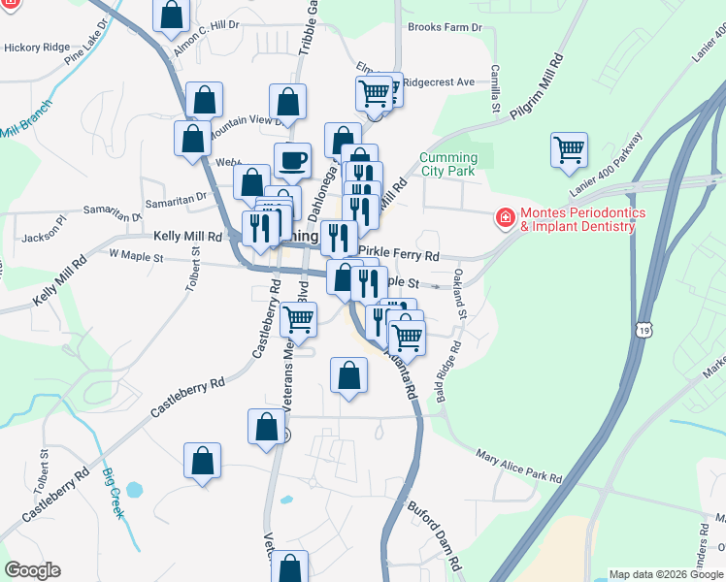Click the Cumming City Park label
pos(448,165)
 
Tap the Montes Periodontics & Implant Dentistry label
pos(577,220)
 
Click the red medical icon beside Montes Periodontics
pos(505,218)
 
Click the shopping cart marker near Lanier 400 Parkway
pos(569,150)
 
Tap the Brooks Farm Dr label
pos(445,27)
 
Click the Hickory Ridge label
pos(37,47)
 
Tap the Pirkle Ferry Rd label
pos(399,254)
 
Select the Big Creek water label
pos(114,493)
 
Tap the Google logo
pos(32,570)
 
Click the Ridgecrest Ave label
pos(439,82)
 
